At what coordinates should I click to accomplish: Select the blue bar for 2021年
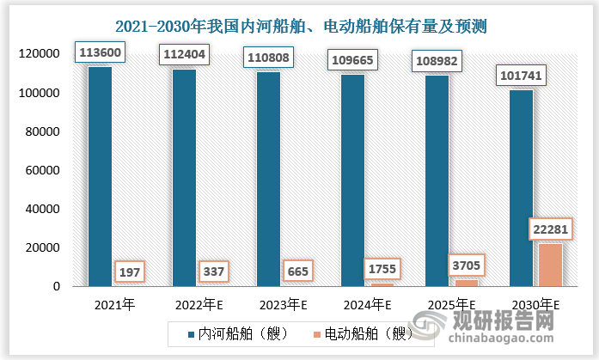[x=100, y=176]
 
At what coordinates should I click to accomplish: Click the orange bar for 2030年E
[x=551, y=265]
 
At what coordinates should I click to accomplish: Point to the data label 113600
[x=100, y=52]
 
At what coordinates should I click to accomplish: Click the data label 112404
[x=184, y=55]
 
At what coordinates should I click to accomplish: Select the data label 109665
[x=352, y=60]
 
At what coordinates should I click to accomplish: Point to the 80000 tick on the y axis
[x=40, y=131]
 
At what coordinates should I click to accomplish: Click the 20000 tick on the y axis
[x=40, y=247]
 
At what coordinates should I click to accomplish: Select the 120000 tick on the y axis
[x=37, y=54]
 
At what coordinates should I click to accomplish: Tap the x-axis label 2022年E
[x=199, y=304]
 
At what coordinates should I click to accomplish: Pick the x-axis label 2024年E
[x=367, y=304]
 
